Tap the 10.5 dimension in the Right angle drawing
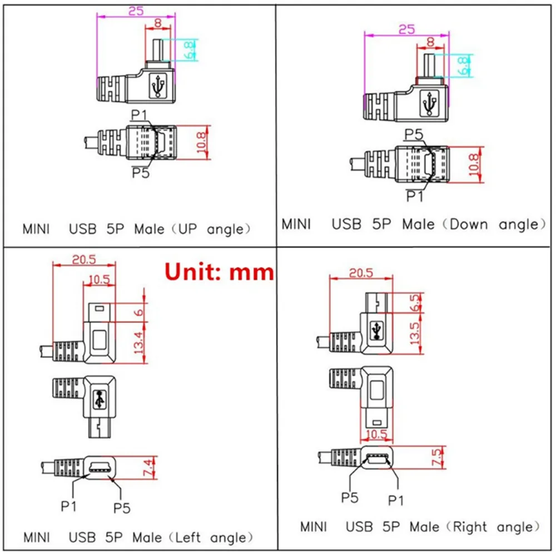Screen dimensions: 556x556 [x=376, y=434]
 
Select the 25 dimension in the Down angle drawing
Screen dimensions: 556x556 [x=406, y=29]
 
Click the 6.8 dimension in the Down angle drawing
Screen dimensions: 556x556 [x=463, y=66]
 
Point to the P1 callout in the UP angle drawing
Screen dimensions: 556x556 [x=138, y=115]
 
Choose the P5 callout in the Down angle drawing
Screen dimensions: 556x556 [x=414, y=134]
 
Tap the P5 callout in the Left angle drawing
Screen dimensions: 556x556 [x=122, y=507]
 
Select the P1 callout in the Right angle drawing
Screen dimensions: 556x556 [x=395, y=500]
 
